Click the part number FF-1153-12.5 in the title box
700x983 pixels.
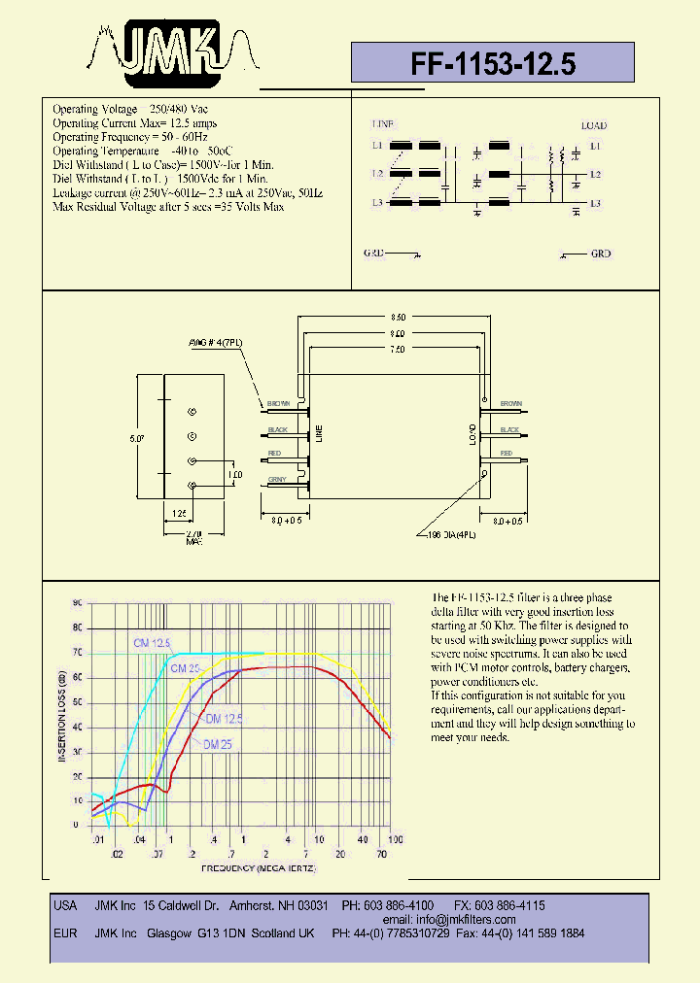coord(493,64)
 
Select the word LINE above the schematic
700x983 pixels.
coord(382,125)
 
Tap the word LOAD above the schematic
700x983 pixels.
coord(594,125)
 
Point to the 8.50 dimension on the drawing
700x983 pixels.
coord(399,318)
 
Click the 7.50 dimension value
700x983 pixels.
coord(399,349)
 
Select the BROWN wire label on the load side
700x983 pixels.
coord(511,403)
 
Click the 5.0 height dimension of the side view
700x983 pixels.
coord(137,439)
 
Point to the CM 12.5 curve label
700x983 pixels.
coord(152,643)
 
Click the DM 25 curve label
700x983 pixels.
coord(219,745)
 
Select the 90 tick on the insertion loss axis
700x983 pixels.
coord(77,603)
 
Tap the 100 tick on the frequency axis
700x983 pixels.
coord(394,838)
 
